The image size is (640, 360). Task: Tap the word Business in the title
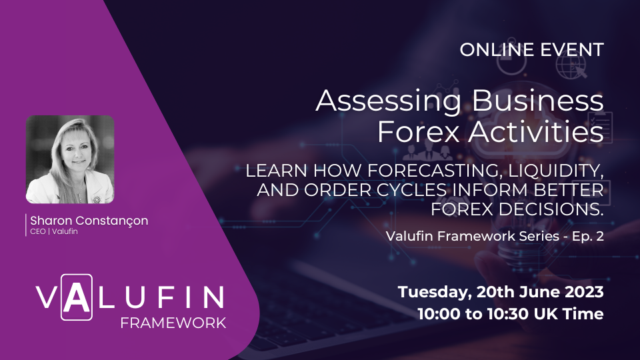point(526,101)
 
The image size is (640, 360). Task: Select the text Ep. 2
point(585,236)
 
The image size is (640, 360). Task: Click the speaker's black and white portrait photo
point(70,159)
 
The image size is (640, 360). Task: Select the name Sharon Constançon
point(88,221)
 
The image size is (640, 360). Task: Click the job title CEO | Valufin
point(52,232)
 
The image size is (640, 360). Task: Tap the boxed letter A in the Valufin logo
point(77,296)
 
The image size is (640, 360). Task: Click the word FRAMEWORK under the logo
point(173,323)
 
